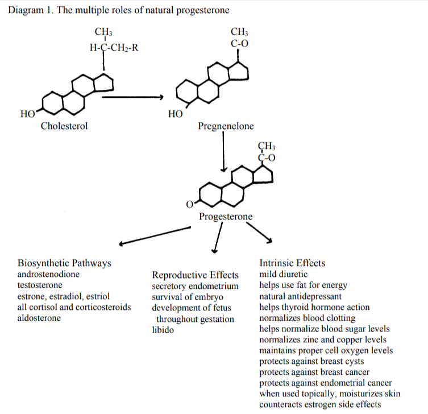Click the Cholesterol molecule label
(64, 126)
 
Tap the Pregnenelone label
(226, 126)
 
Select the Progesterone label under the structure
(226, 217)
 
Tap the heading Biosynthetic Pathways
(64, 263)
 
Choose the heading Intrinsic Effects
(292, 263)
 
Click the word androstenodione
(49, 274)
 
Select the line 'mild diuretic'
(283, 274)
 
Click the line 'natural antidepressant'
(300, 296)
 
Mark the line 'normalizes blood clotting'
(307, 318)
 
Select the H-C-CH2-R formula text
(113, 47)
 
